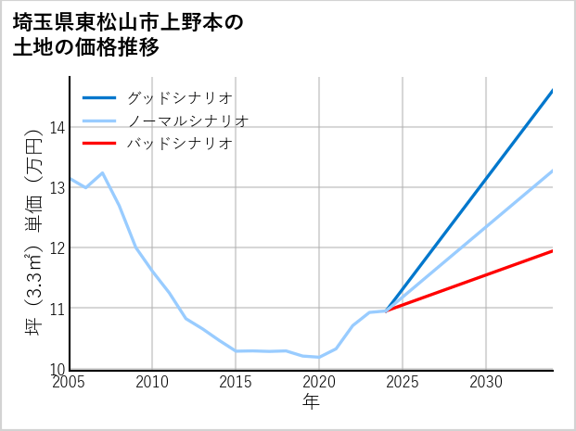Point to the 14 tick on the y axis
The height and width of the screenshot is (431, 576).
coord(58,127)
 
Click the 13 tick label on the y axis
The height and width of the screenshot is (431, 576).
coord(58,187)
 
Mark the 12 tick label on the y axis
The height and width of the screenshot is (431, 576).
coord(58,247)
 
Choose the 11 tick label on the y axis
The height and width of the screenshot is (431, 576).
coord(58,308)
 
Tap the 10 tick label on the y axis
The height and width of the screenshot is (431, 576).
coord(58,368)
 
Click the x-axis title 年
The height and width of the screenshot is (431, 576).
coord(311,401)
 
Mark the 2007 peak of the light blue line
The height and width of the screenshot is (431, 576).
coord(102,173)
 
